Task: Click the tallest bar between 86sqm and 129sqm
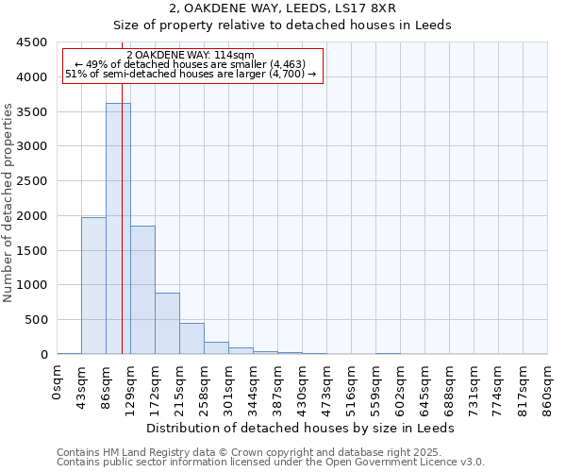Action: click(118, 228)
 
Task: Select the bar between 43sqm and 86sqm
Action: click(93, 285)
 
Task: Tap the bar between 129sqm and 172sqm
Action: click(142, 290)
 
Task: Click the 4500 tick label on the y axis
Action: click(32, 43)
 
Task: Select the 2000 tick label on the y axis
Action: click(32, 216)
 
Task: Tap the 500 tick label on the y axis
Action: click(36, 320)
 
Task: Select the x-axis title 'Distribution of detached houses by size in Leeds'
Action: click(301, 429)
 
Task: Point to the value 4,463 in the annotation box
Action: click(282, 64)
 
